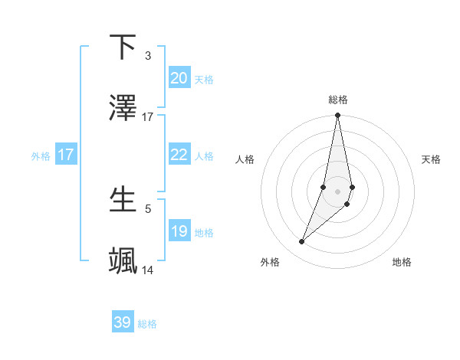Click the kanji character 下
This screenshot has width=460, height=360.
123,47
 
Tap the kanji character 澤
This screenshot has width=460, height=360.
123,108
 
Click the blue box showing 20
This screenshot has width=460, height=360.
179,78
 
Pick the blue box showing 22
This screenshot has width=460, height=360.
179,155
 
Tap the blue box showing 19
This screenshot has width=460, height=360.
179,231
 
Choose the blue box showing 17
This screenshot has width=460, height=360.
65,155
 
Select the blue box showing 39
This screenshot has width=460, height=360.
123,322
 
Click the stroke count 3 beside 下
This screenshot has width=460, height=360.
147,56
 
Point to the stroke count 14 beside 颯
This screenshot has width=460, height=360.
147,270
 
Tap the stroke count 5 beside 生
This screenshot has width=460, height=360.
147,208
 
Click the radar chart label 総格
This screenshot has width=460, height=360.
338,100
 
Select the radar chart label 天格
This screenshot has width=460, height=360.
432,159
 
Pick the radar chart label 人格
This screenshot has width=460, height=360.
245,159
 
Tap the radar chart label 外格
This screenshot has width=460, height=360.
270,262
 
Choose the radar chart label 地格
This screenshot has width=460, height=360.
402,262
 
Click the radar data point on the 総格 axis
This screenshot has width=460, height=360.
337,116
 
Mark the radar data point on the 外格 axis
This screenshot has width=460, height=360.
302,242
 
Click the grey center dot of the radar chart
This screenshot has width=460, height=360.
337,191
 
